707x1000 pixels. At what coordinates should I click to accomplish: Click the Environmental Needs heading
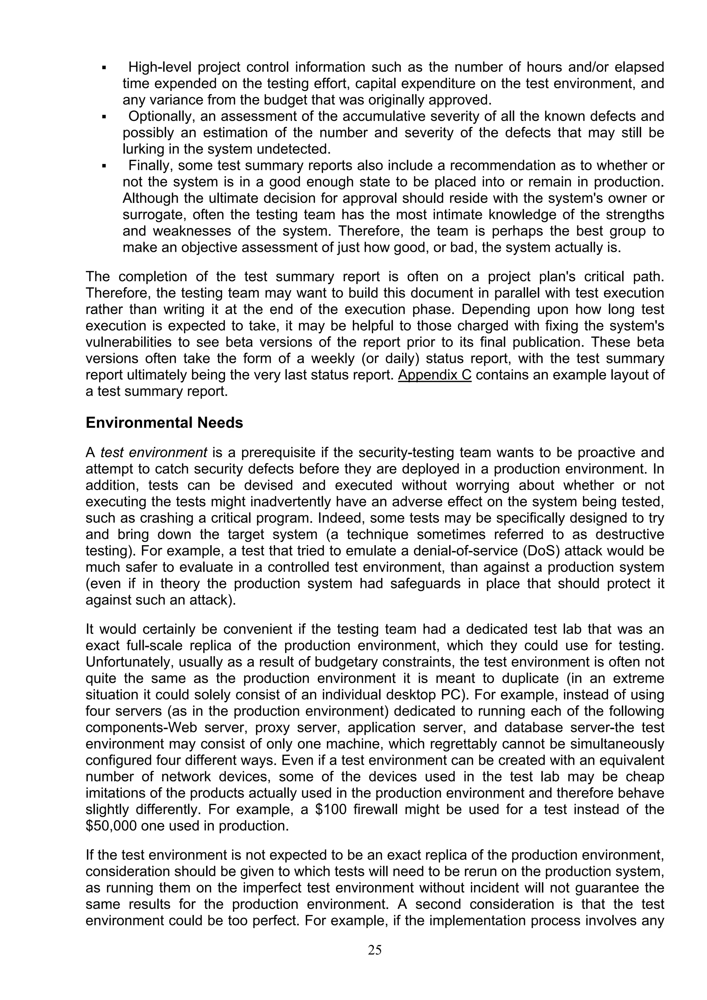click(164, 423)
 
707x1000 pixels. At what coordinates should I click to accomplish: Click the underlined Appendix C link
click(434, 375)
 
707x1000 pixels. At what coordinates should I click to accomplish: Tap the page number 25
click(375, 950)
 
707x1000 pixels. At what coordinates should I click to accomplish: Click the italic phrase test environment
click(153, 452)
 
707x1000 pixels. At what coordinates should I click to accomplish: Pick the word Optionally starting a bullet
click(161, 116)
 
